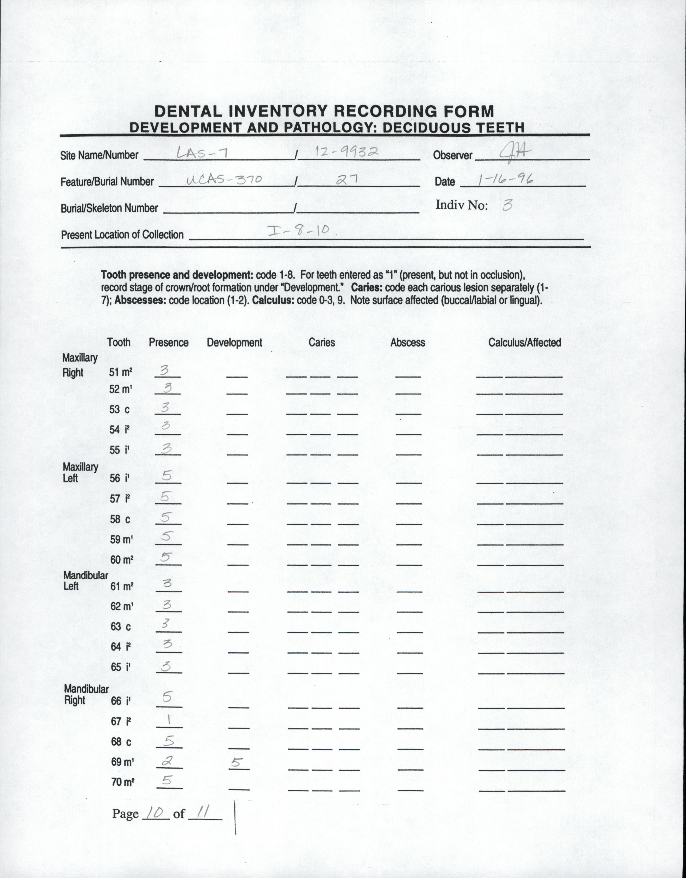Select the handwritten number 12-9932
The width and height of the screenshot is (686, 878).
tap(346, 152)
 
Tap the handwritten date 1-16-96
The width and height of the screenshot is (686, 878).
tap(505, 179)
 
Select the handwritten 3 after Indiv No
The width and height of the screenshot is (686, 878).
tap(507, 205)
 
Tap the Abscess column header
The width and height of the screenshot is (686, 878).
tap(407, 342)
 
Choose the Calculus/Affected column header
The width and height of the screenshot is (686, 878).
tap(524, 342)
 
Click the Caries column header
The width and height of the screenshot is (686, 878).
tap(322, 342)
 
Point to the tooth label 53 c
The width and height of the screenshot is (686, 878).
tap(120, 409)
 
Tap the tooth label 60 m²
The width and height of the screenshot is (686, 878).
tap(122, 559)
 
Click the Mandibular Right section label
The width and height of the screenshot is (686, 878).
tap(86, 694)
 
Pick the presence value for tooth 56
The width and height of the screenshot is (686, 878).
tap(166, 475)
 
